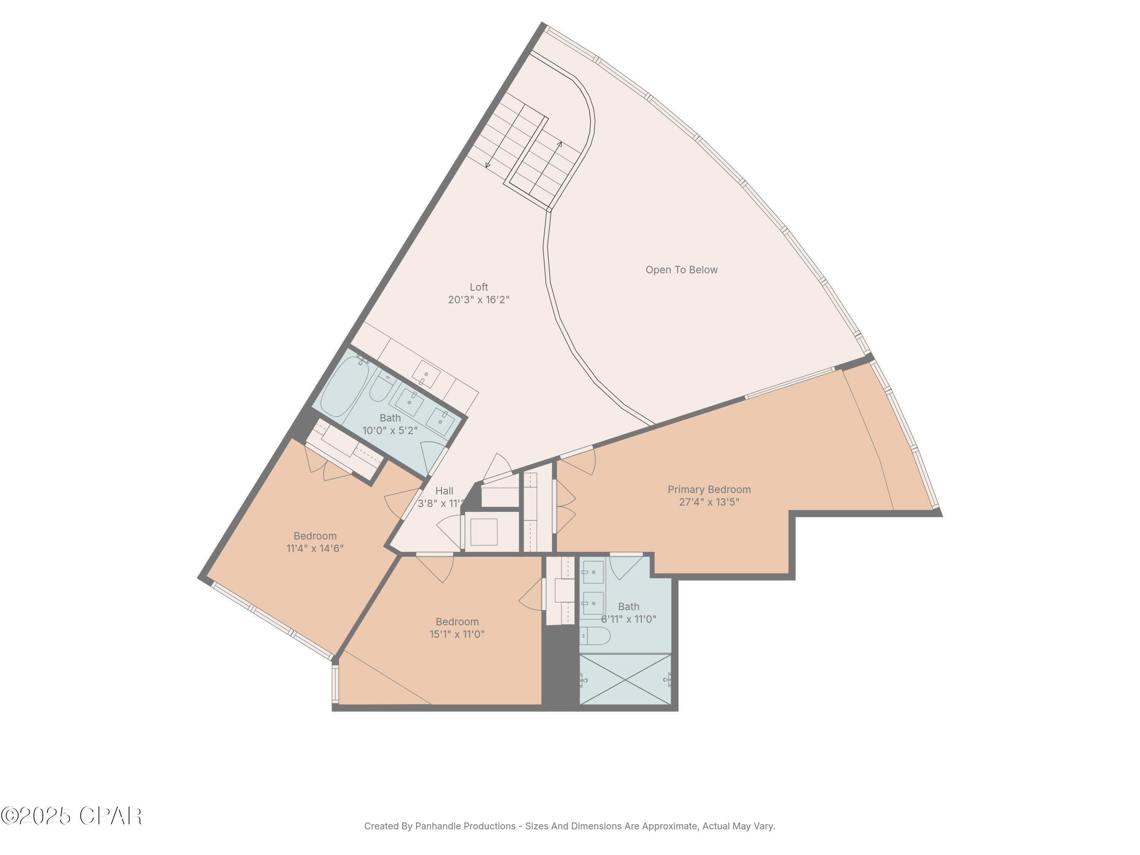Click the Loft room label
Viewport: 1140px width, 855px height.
pyautogui.click(x=478, y=287)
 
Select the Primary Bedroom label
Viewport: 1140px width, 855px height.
pyautogui.click(x=709, y=489)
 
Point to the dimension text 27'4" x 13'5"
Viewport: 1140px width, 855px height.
pyautogui.click(x=709, y=502)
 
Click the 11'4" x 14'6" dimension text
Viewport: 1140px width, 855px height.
pyautogui.click(x=315, y=548)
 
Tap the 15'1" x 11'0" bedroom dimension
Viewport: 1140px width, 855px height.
pyautogui.click(x=457, y=635)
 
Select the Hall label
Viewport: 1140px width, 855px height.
pyautogui.click(x=444, y=491)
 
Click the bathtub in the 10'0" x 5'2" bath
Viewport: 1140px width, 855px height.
pyautogui.click(x=344, y=386)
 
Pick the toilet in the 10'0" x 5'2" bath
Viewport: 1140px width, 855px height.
pyautogui.click(x=382, y=388)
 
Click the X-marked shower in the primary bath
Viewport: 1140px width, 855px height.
pyautogui.click(x=625, y=679)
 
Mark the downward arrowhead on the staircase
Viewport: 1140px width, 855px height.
pyautogui.click(x=488, y=165)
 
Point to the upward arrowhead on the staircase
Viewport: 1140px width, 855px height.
pyautogui.click(x=560, y=144)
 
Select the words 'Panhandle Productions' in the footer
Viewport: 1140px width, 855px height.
pyautogui.click(x=465, y=826)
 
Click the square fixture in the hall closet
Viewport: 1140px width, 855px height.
pyautogui.click(x=483, y=532)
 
